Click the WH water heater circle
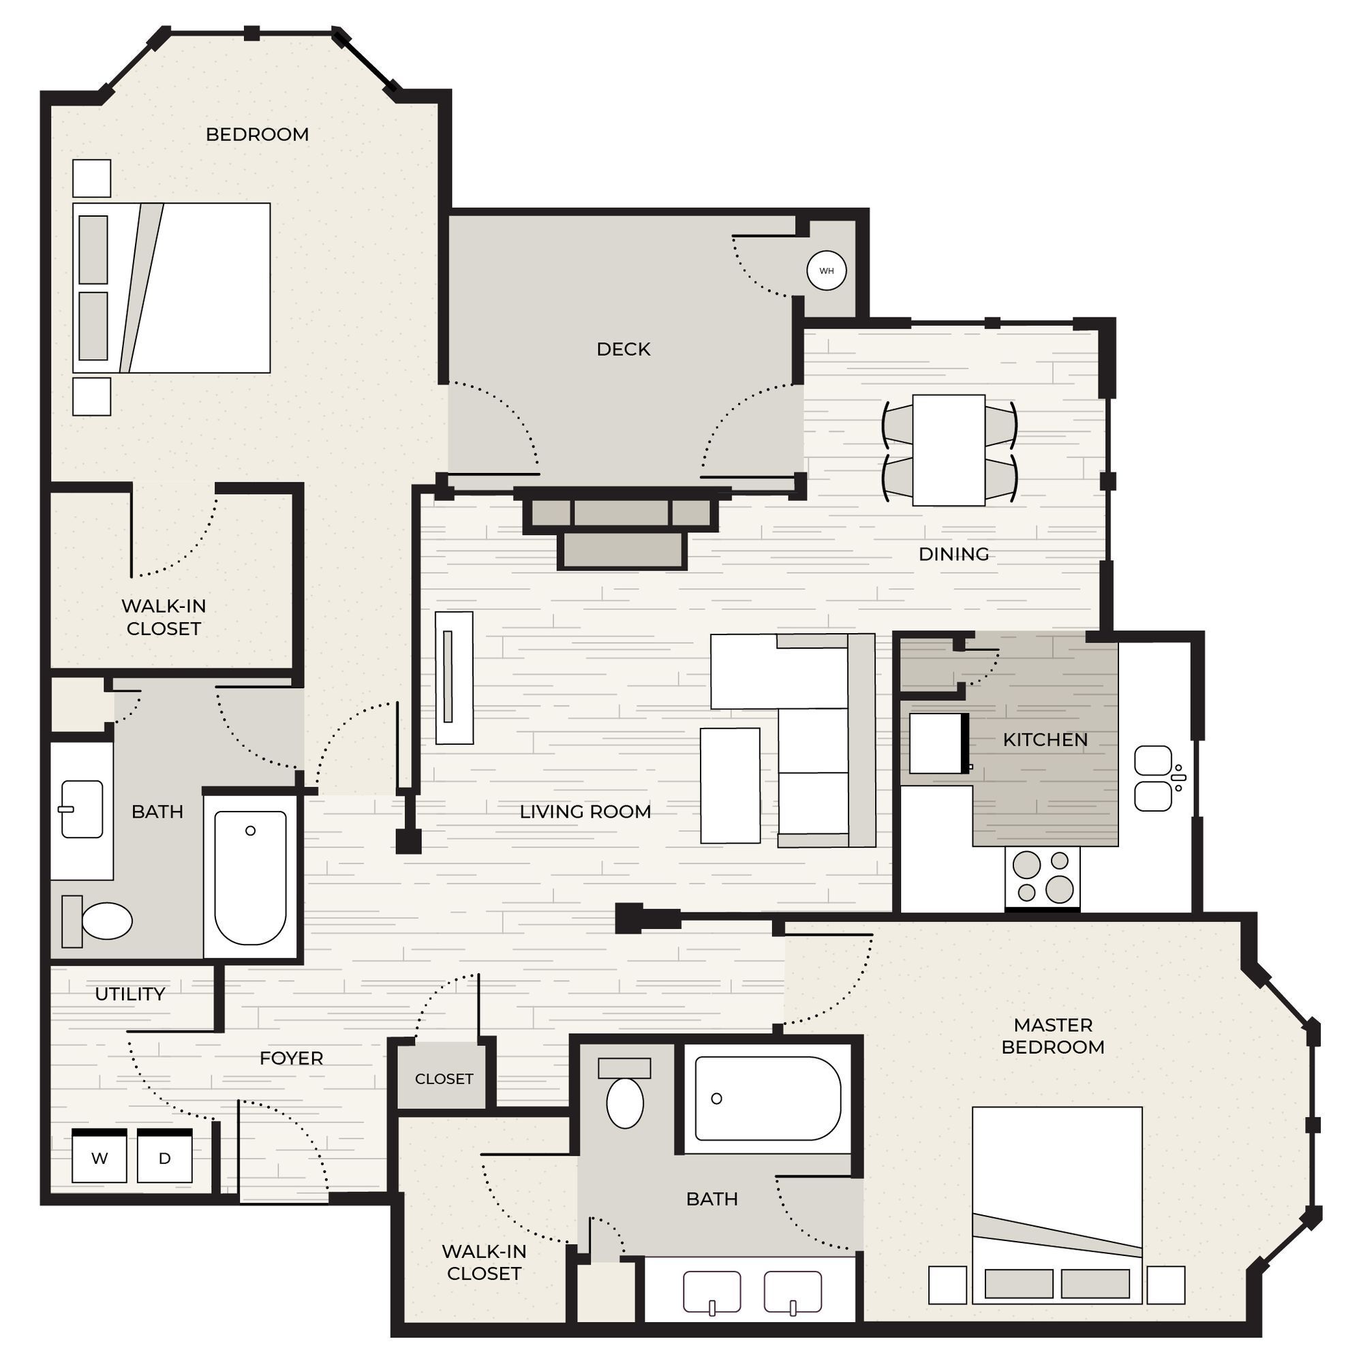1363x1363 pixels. pos(826,271)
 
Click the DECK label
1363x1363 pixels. pos(623,349)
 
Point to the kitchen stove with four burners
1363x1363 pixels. pos(1042,877)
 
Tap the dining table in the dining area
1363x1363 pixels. pos(948,450)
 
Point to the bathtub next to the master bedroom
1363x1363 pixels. pos(767,1099)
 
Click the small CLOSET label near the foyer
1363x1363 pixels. pos(444,1079)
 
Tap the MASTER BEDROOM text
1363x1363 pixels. pos(1053,1036)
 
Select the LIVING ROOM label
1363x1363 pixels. pos(585,812)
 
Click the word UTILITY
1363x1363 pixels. pos(129,994)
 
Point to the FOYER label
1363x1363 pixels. pos(292,1058)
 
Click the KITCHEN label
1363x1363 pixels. pos(1045,740)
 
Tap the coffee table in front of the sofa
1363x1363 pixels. pos(730,785)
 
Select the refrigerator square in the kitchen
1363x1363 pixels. pos(936,744)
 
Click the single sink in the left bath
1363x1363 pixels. pos(82,809)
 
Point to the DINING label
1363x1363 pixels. pos(953,555)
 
